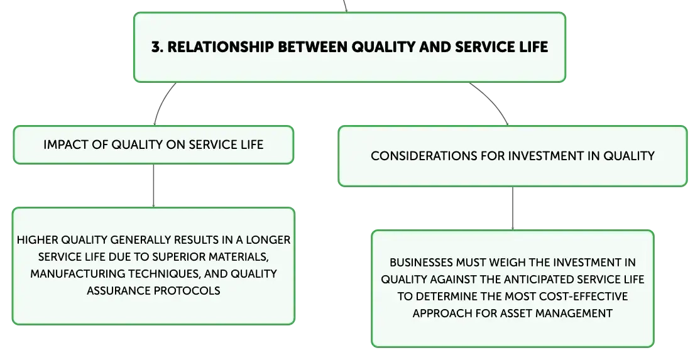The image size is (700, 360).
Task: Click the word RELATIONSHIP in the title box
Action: (221, 47)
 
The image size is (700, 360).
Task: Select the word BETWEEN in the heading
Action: (312, 47)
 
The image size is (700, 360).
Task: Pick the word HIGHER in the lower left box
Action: (37, 240)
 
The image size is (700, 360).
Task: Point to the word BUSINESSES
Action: (418, 263)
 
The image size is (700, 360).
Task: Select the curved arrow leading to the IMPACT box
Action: (162, 102)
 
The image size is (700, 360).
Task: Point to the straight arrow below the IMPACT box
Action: (153, 185)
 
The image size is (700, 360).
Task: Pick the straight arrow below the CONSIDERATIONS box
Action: (513, 209)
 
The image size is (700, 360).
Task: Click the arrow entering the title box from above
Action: (345, 6)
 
